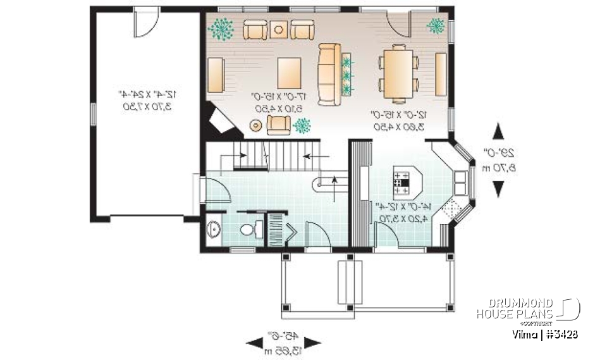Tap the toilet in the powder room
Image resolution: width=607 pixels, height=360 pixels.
(250, 230)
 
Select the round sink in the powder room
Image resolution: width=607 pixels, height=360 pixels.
(213, 230)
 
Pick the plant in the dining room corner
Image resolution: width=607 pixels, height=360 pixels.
(436, 25)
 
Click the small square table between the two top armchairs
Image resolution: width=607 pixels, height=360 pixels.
(279, 28)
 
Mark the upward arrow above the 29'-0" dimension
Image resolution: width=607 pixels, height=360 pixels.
(498, 134)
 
